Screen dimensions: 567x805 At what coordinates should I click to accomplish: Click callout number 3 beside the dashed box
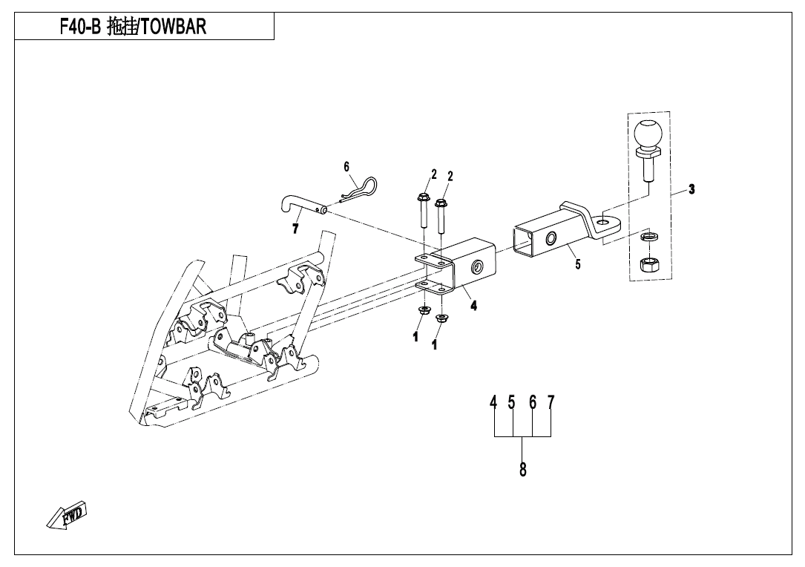[x=691, y=189]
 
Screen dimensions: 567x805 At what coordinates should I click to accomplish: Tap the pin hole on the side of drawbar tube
[x=551, y=237]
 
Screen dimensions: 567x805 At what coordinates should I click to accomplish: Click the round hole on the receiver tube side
[x=476, y=266]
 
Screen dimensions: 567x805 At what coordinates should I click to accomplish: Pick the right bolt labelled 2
[x=441, y=215]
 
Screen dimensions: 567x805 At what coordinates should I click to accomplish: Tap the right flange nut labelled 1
[x=442, y=318]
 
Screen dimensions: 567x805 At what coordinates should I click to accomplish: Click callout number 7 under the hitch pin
[x=295, y=229]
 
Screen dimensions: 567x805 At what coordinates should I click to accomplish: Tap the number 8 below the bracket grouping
[x=523, y=469]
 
